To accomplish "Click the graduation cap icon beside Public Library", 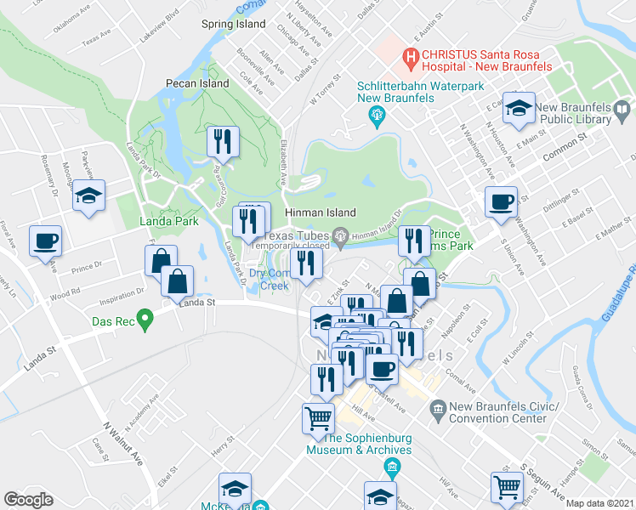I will point(519,107).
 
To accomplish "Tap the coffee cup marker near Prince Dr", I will point(44,240).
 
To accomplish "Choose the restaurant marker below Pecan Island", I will point(224,141).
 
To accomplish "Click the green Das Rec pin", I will point(145,321).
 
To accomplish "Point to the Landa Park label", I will point(169,221).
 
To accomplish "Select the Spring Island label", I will point(234,25).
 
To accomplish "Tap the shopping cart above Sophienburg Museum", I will point(318,417).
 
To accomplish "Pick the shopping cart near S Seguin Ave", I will point(507,487).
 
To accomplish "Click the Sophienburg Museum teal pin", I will point(392,466).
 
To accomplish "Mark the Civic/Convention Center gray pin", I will point(438,410).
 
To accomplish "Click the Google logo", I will point(28,500).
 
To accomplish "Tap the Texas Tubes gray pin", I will point(341,235).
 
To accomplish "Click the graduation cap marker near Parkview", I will point(88,195).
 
